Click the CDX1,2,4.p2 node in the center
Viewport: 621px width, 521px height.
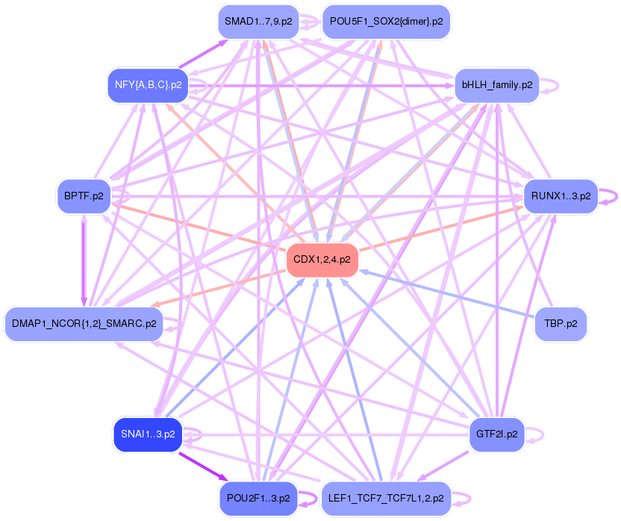point(322,260)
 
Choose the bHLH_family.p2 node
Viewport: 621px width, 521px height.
point(496,85)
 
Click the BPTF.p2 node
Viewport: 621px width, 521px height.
point(83,196)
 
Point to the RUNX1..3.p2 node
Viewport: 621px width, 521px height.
point(561,196)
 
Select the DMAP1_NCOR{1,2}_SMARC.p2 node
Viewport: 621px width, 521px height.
point(84,324)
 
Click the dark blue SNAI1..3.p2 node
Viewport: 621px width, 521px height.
point(147,434)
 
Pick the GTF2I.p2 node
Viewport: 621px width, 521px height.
point(496,434)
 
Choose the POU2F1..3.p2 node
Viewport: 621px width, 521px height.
point(258,497)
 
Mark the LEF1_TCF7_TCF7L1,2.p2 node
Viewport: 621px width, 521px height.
point(385,497)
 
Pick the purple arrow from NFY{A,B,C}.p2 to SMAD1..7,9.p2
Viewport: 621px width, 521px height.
point(202,54)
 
